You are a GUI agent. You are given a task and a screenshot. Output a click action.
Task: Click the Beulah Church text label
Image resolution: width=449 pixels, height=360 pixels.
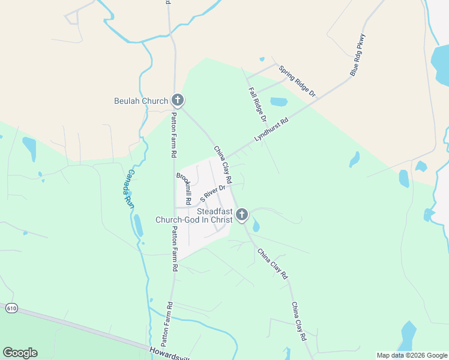coord(140,101)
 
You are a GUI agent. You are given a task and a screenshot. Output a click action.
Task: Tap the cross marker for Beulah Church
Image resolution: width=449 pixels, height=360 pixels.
coord(177,100)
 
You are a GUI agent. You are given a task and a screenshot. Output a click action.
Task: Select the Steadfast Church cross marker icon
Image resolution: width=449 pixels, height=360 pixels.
coord(242,214)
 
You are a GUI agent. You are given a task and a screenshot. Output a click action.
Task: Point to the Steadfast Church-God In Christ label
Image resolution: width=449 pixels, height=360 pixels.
coord(193,215)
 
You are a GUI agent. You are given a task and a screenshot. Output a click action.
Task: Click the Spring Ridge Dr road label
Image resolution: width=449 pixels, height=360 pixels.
coord(297,81)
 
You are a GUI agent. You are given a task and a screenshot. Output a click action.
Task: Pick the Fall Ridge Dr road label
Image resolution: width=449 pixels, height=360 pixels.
coord(258,105)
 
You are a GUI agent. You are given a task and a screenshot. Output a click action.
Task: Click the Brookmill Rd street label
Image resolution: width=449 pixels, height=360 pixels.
coord(183,188)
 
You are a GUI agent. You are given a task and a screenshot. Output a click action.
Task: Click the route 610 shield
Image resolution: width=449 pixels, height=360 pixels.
coord(11,308)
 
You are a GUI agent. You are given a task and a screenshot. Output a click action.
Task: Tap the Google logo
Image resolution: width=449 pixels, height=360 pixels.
coord(20,353)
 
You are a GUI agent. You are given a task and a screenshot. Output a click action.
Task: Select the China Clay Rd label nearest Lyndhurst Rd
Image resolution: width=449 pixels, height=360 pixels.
coord(223,164)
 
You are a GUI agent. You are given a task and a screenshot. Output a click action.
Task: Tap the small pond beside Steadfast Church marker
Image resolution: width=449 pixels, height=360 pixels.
coord(256,226)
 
